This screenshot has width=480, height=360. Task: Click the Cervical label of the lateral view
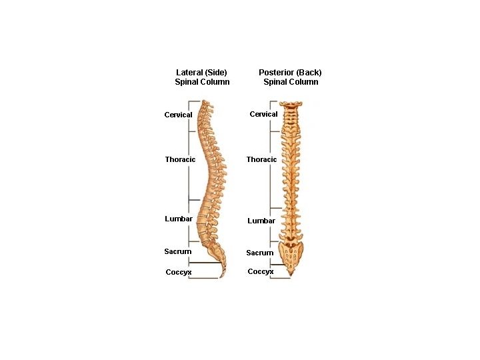coord(178,115)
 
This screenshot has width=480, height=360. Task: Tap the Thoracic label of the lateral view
coord(180,159)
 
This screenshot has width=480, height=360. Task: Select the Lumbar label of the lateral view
coord(179,219)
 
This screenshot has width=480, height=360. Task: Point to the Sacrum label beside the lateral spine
coord(177,251)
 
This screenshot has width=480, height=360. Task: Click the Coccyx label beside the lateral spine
coord(179,272)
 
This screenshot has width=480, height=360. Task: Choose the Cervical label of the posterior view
coord(263,114)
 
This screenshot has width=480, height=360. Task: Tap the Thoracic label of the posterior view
coord(261,159)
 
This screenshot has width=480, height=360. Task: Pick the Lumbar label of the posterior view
coord(261,221)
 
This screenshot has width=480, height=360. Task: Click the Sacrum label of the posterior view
coord(259,253)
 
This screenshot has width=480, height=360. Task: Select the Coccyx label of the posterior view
coord(260,271)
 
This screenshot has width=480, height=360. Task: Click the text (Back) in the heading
coord(309,73)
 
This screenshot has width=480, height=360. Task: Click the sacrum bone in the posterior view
coord(291,253)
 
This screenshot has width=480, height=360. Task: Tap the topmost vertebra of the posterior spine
coord(291,105)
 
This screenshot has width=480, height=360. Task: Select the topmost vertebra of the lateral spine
coord(205,104)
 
